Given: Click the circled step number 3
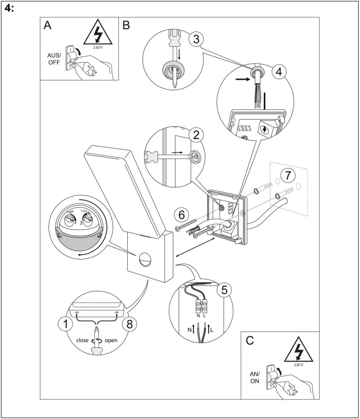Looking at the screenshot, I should (196, 39).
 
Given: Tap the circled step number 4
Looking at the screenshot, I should (279, 72).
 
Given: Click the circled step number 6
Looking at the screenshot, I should (182, 215).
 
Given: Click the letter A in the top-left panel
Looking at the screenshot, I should (48, 26).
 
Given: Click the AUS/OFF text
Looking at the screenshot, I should (54, 59).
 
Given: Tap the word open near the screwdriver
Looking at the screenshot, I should (111, 340).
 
